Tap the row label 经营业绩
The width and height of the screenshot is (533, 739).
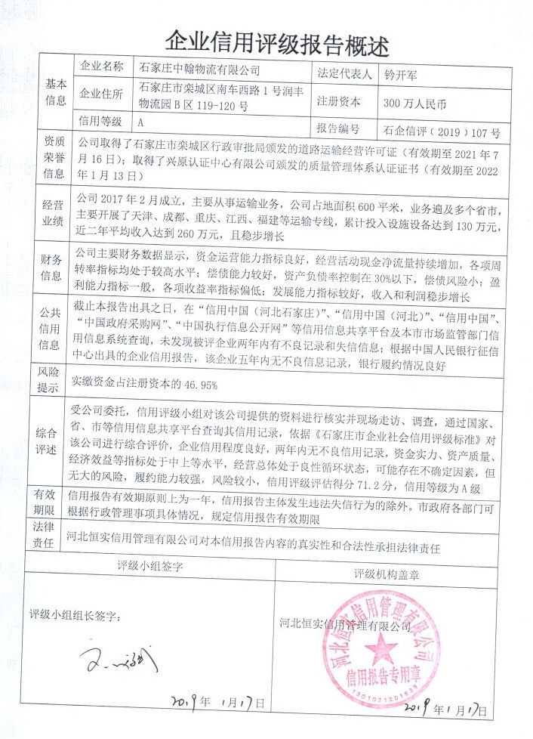point(56,213)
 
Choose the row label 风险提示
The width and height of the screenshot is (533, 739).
point(56,382)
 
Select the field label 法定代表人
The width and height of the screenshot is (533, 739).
point(345,73)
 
